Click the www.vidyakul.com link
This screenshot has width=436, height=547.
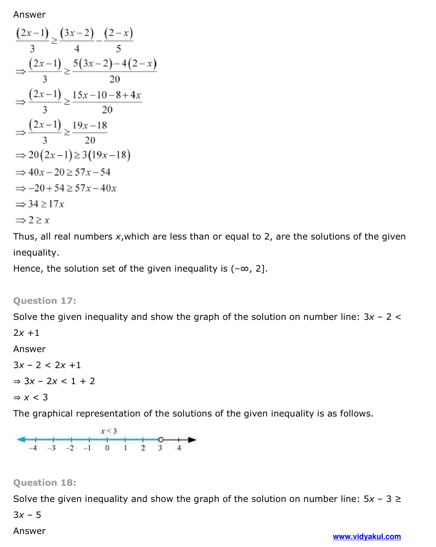[x=367, y=537]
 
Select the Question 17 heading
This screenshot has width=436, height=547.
[x=45, y=301]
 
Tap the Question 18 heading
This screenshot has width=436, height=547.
[x=45, y=483]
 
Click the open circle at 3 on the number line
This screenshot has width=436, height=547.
[x=161, y=440]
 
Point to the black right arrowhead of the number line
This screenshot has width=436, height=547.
[x=192, y=440]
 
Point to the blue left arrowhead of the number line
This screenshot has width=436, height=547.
[x=21, y=440]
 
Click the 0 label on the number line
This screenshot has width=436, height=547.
[x=107, y=448]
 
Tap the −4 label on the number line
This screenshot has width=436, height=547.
[x=33, y=448]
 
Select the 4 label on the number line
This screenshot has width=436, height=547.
[x=179, y=448]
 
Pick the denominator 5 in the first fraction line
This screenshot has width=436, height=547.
[x=118, y=49]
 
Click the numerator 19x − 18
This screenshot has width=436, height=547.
[x=90, y=125]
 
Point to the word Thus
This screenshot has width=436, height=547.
[x=24, y=237]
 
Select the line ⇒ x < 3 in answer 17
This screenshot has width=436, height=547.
[x=31, y=397]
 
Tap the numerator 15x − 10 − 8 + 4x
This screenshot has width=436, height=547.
[x=107, y=95]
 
